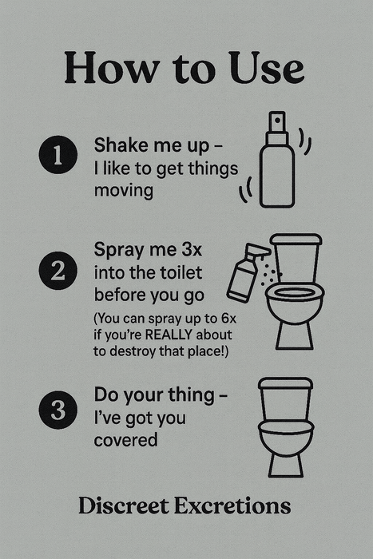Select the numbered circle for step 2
56,272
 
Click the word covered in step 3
125,440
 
